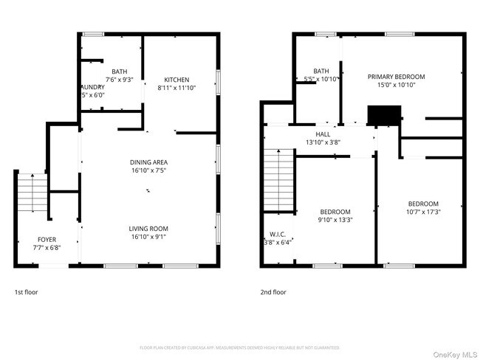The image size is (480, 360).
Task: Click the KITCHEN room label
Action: click(x=176, y=80)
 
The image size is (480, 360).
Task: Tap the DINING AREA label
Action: click(x=148, y=162)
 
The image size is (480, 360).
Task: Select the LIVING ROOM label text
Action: click(x=148, y=229)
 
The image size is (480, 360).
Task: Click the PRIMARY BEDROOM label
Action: click(x=397, y=76)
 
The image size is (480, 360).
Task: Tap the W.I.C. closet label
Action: click(x=278, y=234)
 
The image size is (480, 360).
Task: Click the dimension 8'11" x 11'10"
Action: click(x=176, y=88)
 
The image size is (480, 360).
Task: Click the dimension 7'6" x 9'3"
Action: click(x=119, y=79)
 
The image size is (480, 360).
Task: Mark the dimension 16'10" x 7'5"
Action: click(x=148, y=170)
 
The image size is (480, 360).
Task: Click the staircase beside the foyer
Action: click(x=31, y=193)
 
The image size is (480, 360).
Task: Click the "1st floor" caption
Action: click(x=26, y=292)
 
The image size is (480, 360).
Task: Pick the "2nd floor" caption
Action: click(x=272, y=292)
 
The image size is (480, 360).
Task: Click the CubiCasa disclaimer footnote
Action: click(x=239, y=347)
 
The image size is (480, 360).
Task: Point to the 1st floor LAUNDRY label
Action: click(x=92, y=86)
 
